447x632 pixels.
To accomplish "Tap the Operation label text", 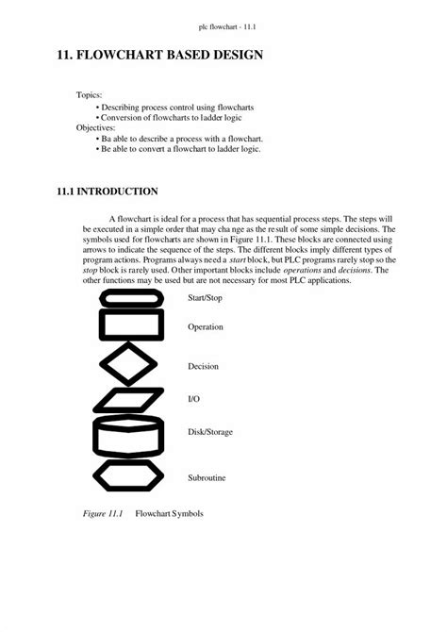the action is pos(206,326).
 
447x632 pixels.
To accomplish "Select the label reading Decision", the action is pos(203,365).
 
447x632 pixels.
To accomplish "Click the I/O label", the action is pos(193,399).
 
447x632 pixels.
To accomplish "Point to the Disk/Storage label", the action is pos(210,432).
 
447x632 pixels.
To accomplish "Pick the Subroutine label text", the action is pos(207,478).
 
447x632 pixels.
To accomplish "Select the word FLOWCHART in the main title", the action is pos(124,57).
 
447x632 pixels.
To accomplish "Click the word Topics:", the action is pos(89,95).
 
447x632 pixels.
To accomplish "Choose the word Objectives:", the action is pos(95,126).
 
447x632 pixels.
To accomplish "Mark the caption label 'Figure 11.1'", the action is pos(98,515).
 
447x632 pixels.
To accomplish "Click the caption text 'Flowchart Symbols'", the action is pos(169,515).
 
